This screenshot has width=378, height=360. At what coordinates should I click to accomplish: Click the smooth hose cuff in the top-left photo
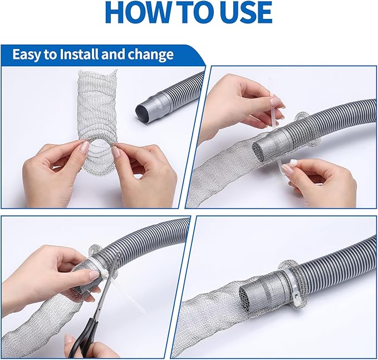click(x=151, y=106)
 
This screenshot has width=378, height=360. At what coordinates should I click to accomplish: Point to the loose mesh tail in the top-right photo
click(x=217, y=178)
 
